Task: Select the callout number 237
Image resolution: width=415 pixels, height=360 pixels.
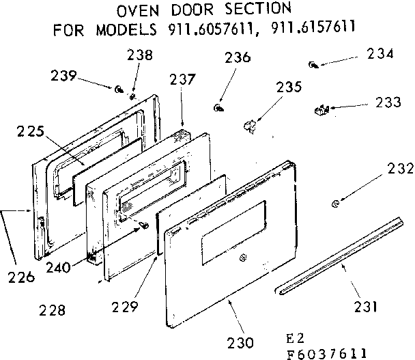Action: point(183,79)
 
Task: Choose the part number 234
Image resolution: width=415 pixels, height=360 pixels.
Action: point(380,54)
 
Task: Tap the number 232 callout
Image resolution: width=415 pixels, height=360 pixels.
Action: point(399,168)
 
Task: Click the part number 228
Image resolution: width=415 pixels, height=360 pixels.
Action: point(53,310)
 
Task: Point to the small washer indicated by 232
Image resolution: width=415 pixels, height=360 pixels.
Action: point(337,204)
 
